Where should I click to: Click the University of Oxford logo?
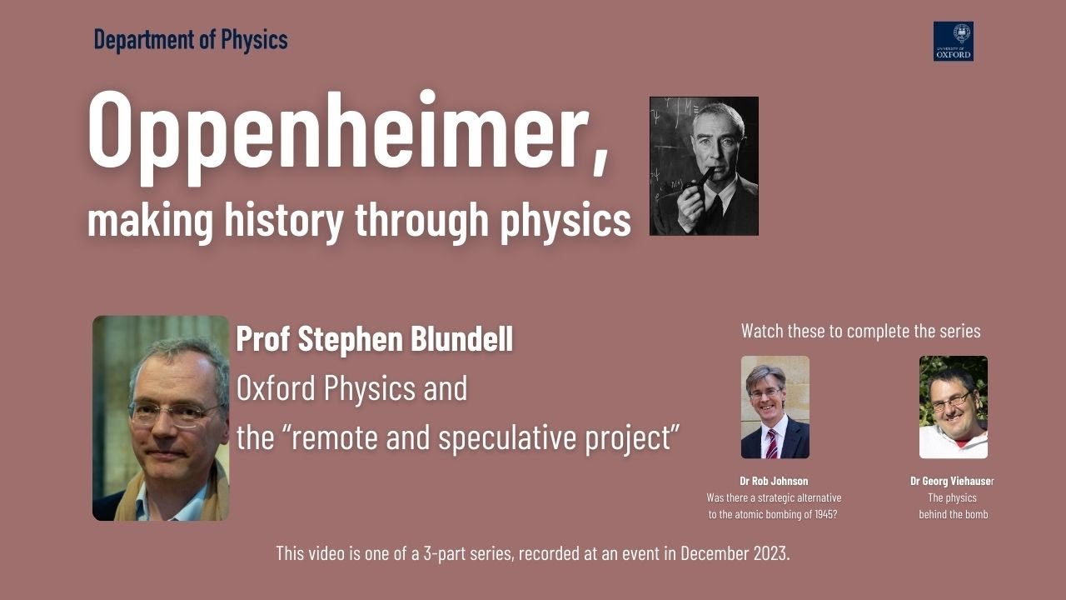click(953, 42)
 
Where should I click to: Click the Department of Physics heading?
click(191, 39)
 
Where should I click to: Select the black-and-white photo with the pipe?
click(704, 166)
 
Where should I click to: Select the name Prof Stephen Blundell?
click(375, 339)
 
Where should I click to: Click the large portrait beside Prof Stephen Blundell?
click(161, 417)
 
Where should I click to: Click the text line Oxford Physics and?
click(351, 388)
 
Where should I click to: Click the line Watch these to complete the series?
click(860, 331)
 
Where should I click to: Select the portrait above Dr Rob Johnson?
click(775, 407)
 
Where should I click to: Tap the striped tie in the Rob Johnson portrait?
click(771, 442)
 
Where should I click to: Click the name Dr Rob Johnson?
click(774, 481)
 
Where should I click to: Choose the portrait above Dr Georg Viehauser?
click(953, 407)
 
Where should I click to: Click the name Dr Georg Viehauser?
click(952, 481)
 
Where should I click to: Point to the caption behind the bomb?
click(953, 514)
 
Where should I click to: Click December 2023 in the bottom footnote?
click(734, 553)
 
